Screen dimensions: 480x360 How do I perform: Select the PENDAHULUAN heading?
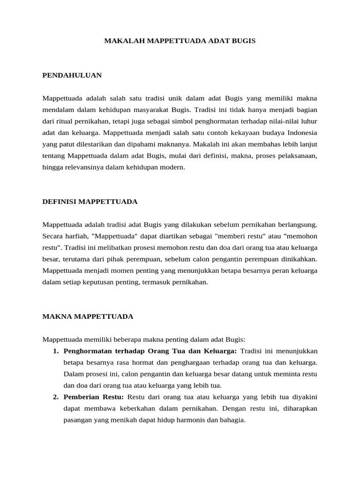click(x=72, y=75)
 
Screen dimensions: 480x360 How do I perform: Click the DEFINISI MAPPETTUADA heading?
click(x=90, y=201)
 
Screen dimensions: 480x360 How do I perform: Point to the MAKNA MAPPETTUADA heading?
click(x=88, y=316)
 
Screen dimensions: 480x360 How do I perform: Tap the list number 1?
click(x=55, y=351)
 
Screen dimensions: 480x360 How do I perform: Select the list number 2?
click(x=55, y=397)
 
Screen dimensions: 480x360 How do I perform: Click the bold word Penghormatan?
click(x=85, y=351)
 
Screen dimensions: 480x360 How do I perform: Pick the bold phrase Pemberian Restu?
click(x=94, y=397)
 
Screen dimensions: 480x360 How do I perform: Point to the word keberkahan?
click(x=132, y=408)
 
